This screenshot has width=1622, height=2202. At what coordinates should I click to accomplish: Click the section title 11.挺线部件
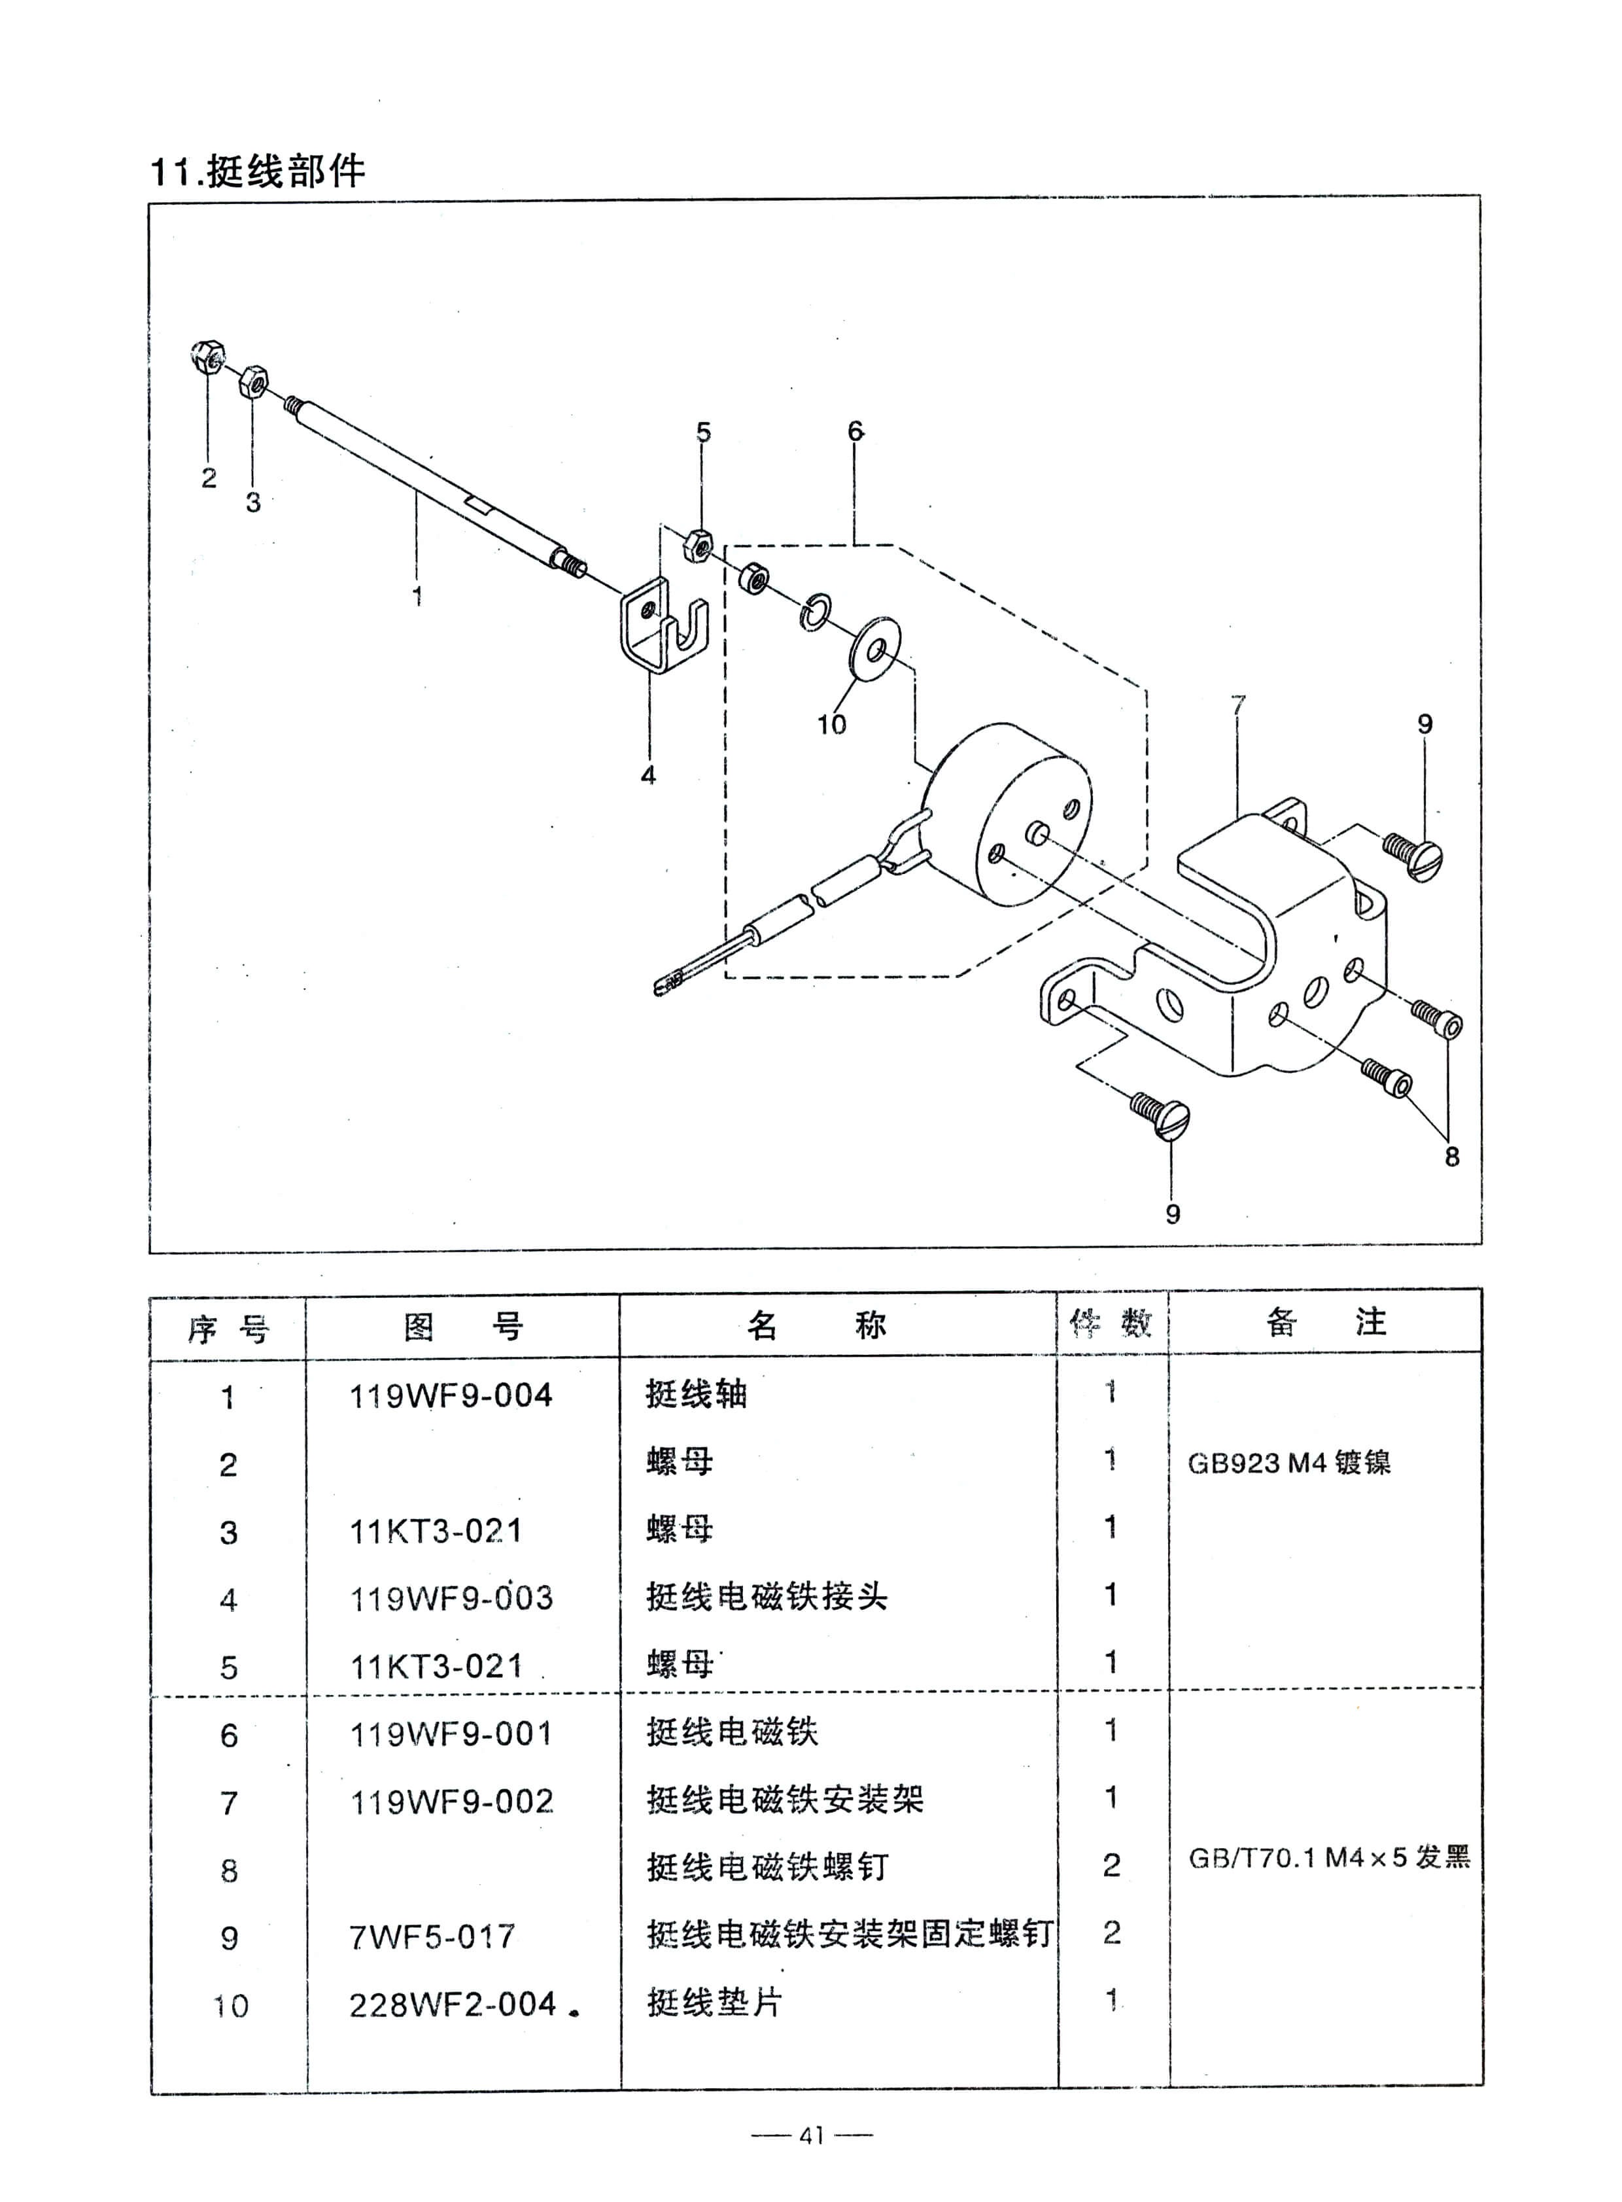tap(257, 172)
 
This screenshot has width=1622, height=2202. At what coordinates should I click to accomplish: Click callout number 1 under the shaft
tap(417, 595)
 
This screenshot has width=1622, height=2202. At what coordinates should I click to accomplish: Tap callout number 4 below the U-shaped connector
tap(648, 775)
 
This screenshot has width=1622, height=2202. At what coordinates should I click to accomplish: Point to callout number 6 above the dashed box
tap(855, 430)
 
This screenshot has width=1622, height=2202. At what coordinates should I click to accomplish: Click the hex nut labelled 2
tap(207, 357)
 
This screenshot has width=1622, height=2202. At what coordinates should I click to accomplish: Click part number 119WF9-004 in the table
tap(451, 1395)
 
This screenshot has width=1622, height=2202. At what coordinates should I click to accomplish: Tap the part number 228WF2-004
tap(454, 2004)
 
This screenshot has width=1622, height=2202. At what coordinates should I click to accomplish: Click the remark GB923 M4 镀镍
tap(1289, 1462)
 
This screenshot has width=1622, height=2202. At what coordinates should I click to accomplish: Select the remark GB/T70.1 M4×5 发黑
tap(1328, 1857)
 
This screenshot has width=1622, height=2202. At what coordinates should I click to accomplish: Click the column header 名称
tap(816, 1325)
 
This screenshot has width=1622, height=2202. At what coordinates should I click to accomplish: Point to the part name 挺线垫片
tap(714, 2002)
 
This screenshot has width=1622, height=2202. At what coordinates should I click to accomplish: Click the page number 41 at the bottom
tap(811, 2135)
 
